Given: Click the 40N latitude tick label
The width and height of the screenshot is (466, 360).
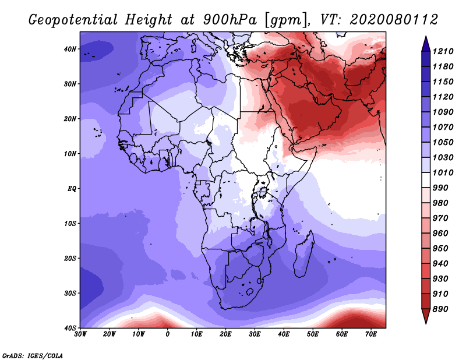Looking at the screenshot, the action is tap(70, 49).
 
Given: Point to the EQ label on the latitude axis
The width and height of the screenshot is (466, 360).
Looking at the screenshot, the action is tap(72, 189).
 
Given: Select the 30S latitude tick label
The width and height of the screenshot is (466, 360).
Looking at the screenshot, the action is tap(70, 294).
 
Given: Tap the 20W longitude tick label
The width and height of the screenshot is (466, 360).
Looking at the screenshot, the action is tap(109, 334).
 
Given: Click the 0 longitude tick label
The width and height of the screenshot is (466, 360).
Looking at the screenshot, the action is tap(168, 334).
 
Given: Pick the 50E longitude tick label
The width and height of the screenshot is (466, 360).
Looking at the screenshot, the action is tap(313, 334).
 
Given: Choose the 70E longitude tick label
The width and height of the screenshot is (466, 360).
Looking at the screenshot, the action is tap(371, 334).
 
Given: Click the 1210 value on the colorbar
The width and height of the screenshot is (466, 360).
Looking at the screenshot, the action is tap(443, 51).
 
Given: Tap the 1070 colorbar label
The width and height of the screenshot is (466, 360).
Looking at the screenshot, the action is tap(443, 127).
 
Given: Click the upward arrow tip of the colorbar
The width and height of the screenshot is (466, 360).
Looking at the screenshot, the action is tap(426, 36).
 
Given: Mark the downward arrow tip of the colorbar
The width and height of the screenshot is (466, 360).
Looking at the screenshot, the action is tap(426, 323).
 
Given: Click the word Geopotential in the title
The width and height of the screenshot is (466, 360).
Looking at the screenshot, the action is tap(73, 20).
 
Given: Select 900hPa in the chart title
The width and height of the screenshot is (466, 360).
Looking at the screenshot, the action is tap(230, 20).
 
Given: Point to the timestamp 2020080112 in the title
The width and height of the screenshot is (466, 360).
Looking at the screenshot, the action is tap(394, 20).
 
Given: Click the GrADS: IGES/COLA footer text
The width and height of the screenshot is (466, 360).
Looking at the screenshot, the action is tap(33, 356).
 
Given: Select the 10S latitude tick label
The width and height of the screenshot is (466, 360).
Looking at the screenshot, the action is tap(70, 224).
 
